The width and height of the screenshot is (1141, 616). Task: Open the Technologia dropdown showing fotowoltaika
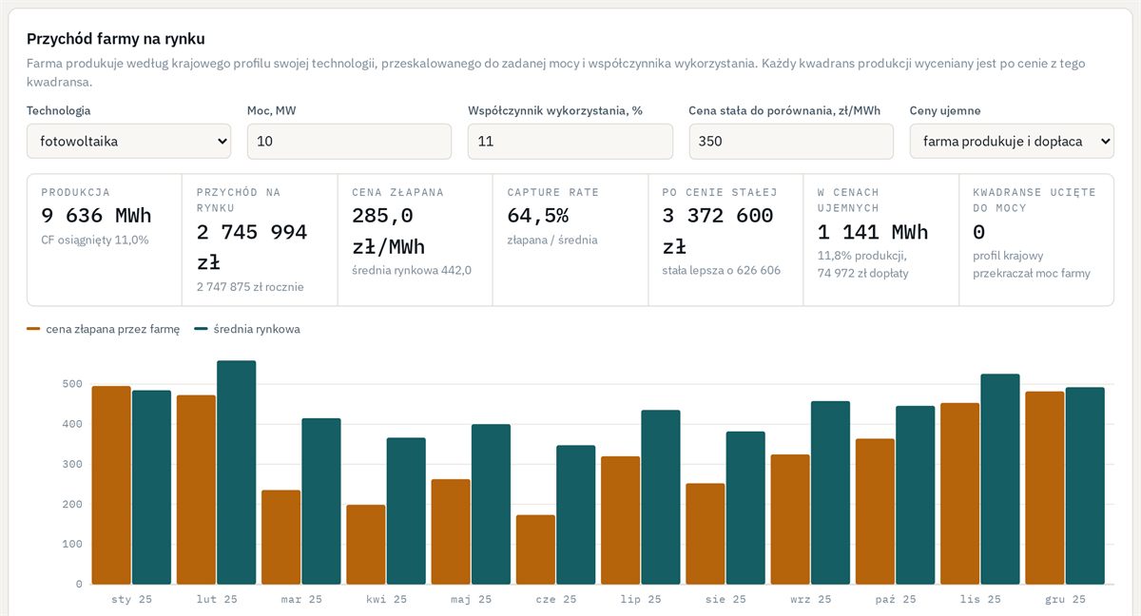[x=128, y=141]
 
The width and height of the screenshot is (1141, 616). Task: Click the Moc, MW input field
[x=349, y=141]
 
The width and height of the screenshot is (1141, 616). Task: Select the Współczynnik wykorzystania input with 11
[x=570, y=141]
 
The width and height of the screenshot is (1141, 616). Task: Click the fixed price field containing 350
[x=791, y=141]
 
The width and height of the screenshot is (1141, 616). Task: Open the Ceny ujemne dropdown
[x=1012, y=141]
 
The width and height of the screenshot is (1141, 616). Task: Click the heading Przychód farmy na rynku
[x=116, y=39]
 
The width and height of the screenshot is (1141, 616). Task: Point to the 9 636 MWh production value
[x=96, y=216]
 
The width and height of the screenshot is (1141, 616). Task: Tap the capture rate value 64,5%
[x=538, y=216]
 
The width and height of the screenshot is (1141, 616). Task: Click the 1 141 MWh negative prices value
[x=873, y=232]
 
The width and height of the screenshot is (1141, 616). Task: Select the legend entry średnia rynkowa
[x=247, y=329]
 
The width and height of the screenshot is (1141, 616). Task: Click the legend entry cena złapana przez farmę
[x=103, y=329]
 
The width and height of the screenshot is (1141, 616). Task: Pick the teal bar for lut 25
[x=237, y=472]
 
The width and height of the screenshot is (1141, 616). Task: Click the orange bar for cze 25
[x=535, y=549]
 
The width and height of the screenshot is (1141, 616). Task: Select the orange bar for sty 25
[x=111, y=485]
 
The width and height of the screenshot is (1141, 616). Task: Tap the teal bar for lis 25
[x=1000, y=479]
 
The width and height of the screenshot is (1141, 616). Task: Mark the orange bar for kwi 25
[x=366, y=545]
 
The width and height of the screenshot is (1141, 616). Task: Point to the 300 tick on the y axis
[x=72, y=464]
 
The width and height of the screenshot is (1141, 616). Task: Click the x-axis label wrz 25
[x=810, y=599]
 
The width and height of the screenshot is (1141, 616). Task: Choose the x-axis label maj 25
[x=472, y=599]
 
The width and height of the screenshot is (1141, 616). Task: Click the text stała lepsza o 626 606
[x=722, y=270]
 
